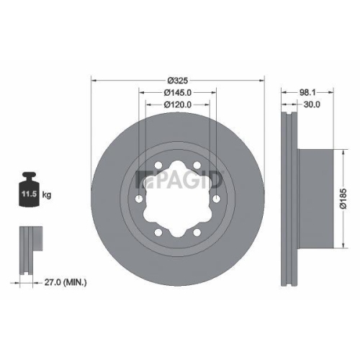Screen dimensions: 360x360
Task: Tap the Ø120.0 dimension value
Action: click(x=176, y=105)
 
